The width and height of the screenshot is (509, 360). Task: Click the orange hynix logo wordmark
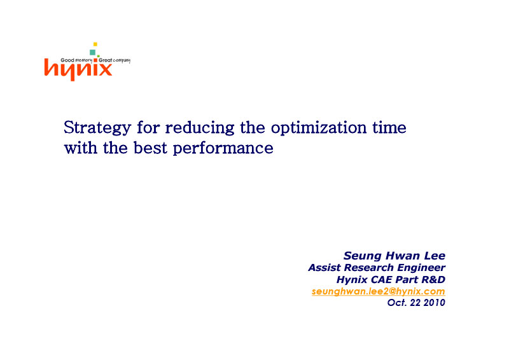(78, 69)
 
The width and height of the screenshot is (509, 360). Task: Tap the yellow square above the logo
(95, 44)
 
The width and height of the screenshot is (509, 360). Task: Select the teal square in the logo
(92, 52)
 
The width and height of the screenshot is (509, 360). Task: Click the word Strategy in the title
(97, 128)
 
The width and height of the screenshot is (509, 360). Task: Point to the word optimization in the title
(319, 128)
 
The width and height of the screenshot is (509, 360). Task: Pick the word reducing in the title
(200, 128)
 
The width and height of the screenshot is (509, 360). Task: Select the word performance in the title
(223, 149)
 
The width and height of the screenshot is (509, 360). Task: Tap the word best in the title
(151, 148)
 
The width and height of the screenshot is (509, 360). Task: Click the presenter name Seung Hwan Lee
(394, 256)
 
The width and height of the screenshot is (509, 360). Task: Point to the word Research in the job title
(369, 268)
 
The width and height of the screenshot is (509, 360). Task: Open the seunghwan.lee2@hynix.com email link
(379, 291)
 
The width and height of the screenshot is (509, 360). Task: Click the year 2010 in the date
(435, 303)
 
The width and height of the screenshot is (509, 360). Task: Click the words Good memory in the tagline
(76, 60)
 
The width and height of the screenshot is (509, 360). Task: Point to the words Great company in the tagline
(115, 60)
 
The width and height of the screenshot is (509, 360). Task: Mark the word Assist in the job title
(324, 268)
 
